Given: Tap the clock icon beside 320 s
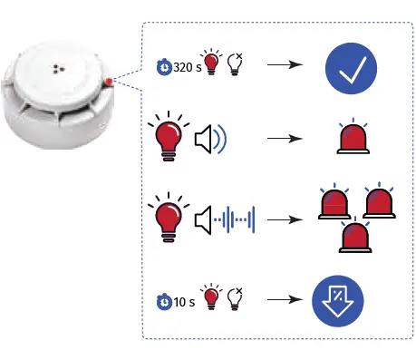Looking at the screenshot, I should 163,68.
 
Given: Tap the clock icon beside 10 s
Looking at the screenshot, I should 164,300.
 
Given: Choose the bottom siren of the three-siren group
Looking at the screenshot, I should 351,238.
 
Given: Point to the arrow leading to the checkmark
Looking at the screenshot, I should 283,66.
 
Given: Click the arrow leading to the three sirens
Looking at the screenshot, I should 283,218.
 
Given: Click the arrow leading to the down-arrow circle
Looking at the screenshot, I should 283,300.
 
